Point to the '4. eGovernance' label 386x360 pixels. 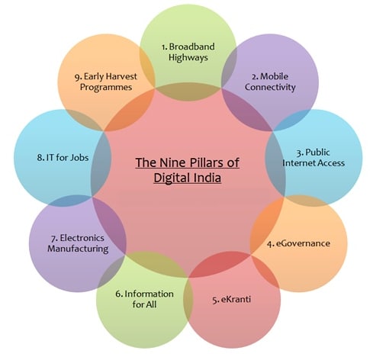299,243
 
